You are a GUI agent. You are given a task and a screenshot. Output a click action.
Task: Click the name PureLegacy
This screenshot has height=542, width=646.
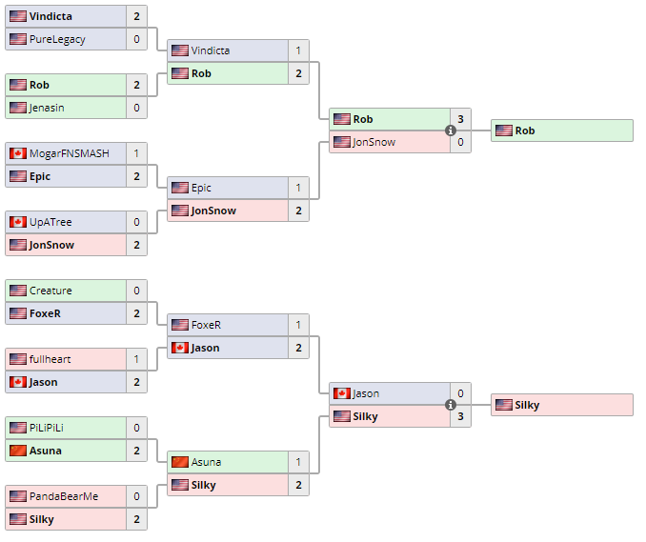57,39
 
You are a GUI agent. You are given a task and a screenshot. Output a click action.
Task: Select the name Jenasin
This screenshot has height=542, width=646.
47,108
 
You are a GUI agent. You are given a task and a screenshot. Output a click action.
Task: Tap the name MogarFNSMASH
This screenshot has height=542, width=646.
70,153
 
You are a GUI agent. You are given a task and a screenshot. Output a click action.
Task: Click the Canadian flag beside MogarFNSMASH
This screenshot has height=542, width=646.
18,153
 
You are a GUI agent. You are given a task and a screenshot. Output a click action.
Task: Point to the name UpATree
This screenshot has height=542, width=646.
50,222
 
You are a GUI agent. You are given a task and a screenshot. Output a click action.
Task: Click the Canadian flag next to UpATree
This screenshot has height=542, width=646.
18,222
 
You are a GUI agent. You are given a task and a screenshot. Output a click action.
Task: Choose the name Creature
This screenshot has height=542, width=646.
50,291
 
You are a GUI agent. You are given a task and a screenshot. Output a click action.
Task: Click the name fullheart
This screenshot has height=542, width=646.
50,359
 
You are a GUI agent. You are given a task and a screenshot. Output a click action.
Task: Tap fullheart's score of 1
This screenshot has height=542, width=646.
136,359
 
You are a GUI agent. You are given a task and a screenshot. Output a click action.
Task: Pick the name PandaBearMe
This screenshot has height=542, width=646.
64,496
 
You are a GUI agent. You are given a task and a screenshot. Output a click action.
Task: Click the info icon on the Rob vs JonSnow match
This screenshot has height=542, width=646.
451,130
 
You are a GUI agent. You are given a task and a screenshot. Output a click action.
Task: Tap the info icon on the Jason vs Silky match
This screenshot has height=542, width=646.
451,405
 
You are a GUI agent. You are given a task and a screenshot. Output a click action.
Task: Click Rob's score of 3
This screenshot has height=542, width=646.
460,119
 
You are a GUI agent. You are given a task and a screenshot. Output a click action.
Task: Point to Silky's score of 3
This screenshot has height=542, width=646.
460,416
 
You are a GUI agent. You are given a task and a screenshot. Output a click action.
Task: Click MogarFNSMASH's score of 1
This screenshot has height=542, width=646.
136,153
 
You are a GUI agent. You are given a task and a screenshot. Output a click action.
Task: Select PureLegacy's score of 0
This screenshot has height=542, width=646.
136,39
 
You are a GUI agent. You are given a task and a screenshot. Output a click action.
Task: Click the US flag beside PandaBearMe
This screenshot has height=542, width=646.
18,496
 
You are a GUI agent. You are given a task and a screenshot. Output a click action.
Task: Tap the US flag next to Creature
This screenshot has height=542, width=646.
18,291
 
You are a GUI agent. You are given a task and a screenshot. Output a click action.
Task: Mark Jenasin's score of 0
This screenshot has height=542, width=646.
136,108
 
